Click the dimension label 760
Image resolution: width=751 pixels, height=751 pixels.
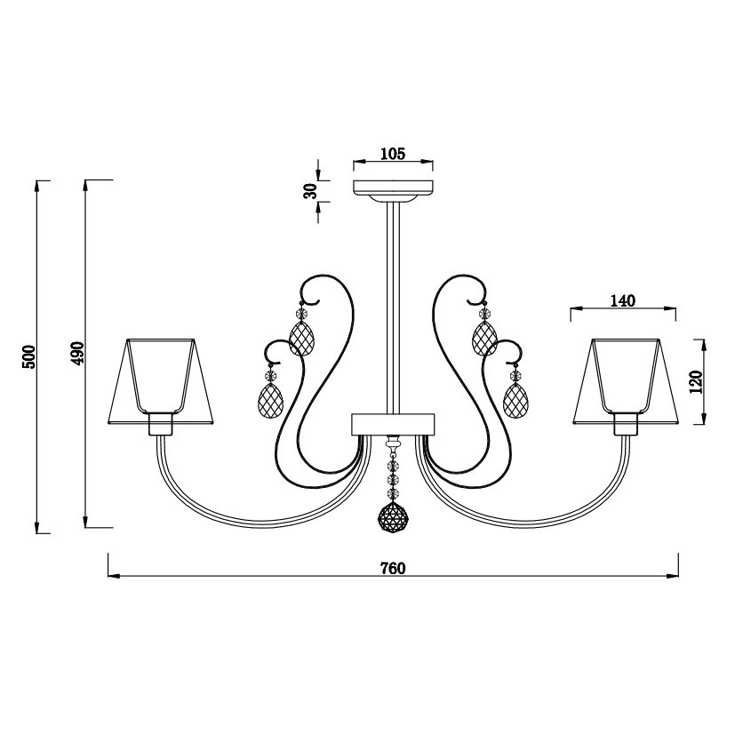click(x=393, y=568)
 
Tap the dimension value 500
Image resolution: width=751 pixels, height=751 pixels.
click(x=29, y=356)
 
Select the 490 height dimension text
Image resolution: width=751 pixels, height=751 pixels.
click(x=77, y=353)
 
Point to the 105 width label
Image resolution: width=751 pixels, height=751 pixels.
click(x=393, y=154)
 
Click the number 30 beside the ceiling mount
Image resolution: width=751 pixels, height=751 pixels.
click(x=312, y=190)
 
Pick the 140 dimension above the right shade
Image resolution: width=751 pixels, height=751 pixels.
click(x=623, y=300)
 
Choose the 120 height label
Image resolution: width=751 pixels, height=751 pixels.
click(x=697, y=382)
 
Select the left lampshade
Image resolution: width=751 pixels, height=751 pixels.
click(x=161, y=381)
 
